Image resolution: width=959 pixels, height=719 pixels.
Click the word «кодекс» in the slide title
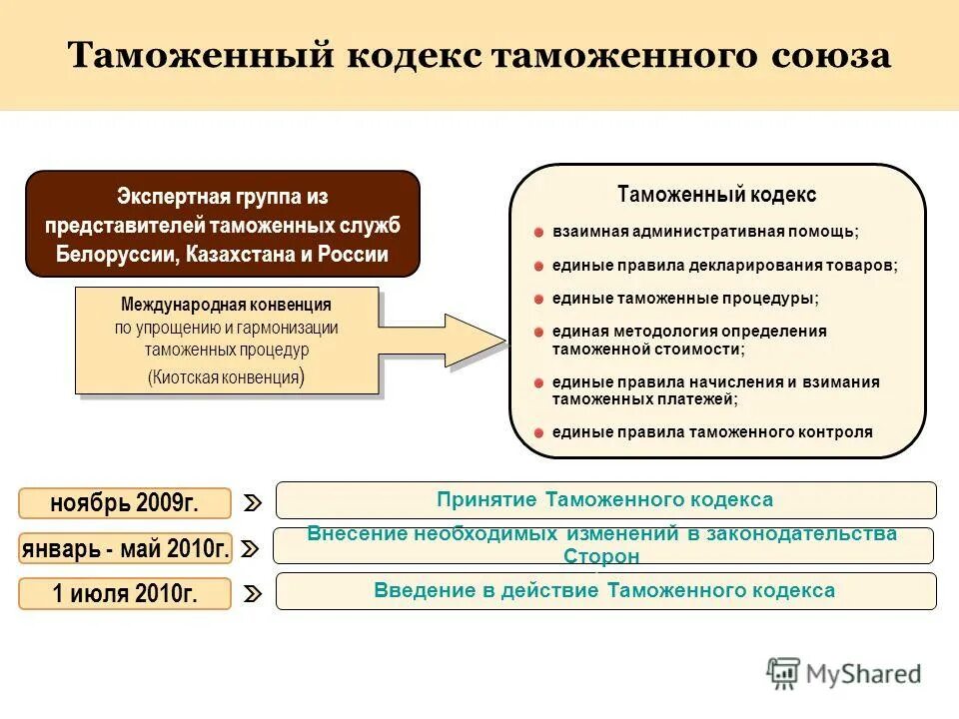click(415, 55)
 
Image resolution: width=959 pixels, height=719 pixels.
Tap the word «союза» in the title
click(829, 55)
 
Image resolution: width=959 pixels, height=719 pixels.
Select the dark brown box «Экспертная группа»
click(222, 224)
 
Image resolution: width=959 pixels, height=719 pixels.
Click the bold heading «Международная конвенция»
click(226, 305)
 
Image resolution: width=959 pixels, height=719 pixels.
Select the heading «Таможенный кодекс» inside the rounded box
click(716, 195)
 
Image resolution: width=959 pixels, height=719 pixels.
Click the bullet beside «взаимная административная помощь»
click(538, 233)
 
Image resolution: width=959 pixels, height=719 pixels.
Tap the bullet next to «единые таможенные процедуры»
click(538, 299)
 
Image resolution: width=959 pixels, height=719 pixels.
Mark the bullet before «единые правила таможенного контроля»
click(538, 432)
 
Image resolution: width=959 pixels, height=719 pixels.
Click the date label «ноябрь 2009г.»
click(125, 503)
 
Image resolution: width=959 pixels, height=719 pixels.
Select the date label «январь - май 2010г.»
click(125, 548)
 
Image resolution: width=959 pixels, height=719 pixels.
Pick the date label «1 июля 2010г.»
click(125, 594)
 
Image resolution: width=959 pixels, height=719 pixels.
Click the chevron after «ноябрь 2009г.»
click(253, 503)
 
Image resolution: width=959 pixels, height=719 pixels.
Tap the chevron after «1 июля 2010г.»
click(253, 594)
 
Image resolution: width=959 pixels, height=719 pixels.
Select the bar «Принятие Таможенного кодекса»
click(605, 499)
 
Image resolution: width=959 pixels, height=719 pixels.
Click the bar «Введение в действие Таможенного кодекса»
click(605, 590)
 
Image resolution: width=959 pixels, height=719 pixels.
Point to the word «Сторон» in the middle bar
click(601, 556)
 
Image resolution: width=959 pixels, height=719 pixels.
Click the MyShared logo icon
click(783, 674)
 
